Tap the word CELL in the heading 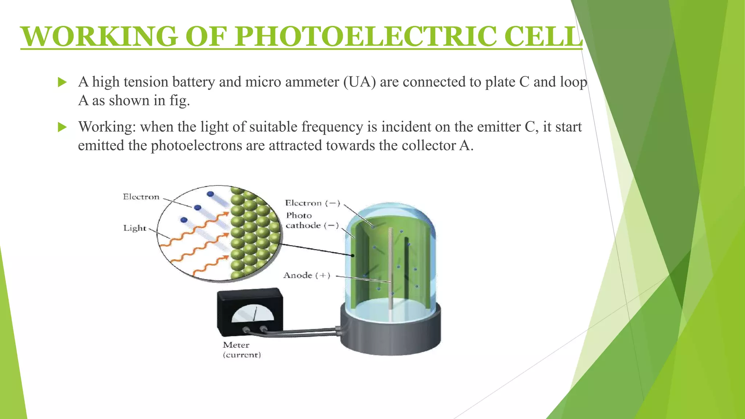543,36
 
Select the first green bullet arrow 62,82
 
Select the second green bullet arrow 62,127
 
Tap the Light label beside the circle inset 135,228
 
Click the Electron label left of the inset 141,197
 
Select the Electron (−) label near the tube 312,203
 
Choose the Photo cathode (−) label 311,221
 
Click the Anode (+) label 307,275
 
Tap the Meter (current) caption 242,350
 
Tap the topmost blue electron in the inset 210,194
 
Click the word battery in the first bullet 194,82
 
